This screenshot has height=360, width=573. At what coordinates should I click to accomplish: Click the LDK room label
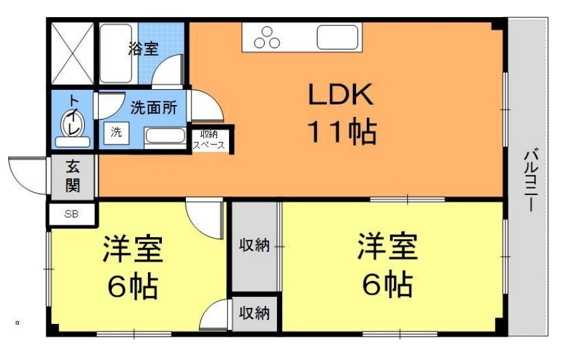[x=341, y=94]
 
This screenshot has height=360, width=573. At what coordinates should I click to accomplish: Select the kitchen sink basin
[x=337, y=37]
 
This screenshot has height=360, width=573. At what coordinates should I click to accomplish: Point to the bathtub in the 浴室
[x=116, y=53]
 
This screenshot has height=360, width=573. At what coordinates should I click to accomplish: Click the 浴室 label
[x=143, y=48]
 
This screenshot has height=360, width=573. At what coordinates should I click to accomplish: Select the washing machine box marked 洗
[x=116, y=133]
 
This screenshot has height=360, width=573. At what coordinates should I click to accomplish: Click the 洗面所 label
[x=154, y=108]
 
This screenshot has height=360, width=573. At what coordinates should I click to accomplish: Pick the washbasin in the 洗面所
[x=165, y=136]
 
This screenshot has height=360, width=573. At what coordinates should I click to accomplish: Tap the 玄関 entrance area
[x=73, y=177]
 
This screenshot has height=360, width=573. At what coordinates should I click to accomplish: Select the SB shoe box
[x=71, y=214]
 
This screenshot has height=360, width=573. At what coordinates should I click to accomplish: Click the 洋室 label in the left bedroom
[x=133, y=249]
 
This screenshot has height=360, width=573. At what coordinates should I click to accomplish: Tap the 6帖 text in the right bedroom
[x=388, y=284]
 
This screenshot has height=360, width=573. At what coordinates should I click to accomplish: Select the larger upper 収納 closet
[x=254, y=247]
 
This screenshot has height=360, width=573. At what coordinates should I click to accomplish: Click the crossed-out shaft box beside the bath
[x=72, y=53]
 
